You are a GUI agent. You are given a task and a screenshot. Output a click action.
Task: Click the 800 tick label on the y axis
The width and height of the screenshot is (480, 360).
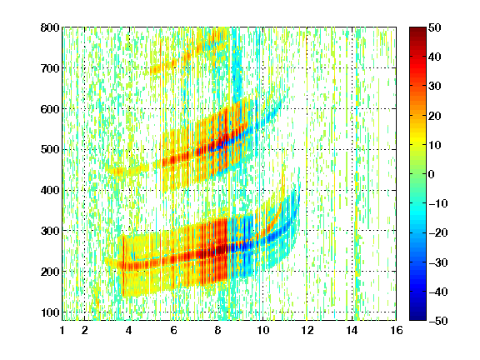[50, 27]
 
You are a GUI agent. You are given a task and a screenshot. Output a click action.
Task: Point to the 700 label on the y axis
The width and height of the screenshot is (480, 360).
[50, 68]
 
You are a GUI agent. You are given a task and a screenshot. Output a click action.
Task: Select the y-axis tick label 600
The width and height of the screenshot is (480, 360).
[50, 109]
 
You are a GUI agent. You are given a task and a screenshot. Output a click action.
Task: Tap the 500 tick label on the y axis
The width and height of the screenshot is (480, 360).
[50, 150]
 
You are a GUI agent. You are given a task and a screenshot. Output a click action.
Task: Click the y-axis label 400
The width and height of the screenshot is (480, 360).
[50, 190]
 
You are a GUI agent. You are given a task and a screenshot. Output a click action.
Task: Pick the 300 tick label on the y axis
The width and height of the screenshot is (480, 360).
[50, 231]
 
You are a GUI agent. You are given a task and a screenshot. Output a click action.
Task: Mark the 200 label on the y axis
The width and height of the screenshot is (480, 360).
[50, 272]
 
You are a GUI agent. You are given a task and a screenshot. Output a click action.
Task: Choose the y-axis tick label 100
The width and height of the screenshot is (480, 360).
[50, 312]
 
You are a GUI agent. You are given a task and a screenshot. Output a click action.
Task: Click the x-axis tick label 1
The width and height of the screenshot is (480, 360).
[62, 330]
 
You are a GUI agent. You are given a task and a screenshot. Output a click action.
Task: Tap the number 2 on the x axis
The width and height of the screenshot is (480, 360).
[85, 330]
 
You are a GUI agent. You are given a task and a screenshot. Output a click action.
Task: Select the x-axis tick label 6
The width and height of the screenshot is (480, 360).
[174, 330]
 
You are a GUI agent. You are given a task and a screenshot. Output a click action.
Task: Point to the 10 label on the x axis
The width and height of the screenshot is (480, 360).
[263, 330]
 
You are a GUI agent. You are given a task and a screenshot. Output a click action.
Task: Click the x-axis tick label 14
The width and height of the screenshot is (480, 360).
[352, 330]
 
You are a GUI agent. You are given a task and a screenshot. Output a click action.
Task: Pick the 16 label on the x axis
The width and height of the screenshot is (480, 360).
[397, 330]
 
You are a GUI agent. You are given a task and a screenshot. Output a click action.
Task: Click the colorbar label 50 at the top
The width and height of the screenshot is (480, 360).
[435, 27]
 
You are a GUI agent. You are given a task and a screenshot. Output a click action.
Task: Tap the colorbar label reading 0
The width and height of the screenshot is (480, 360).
[432, 174]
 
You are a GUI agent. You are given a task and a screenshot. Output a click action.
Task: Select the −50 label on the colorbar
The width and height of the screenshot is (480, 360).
[438, 321]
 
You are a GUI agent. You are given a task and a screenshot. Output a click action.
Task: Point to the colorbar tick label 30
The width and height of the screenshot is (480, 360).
[435, 87]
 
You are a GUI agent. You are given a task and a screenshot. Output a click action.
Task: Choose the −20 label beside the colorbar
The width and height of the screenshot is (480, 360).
[438, 233]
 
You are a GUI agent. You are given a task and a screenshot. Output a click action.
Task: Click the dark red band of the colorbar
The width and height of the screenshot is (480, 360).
[417, 33]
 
